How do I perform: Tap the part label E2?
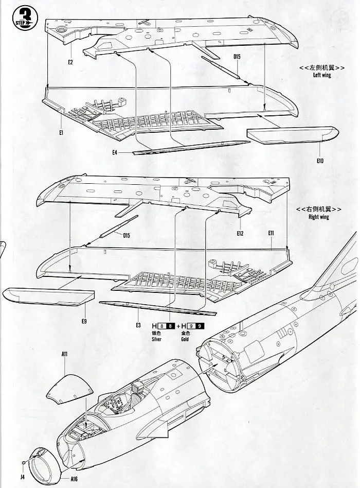coord(70,62)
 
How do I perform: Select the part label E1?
coord(61,133)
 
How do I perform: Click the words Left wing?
coord(322,75)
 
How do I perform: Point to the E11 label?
coord(271,233)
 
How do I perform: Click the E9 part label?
coord(83,322)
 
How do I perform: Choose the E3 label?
coord(138,325)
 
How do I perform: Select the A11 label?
coord(65,354)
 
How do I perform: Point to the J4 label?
coord(22,477)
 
